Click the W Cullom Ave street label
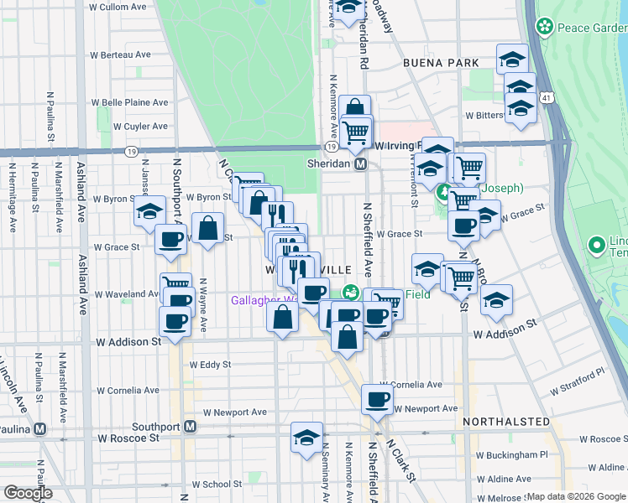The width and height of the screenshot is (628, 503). (x=118, y=7)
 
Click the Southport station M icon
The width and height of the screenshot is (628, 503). (x=191, y=427)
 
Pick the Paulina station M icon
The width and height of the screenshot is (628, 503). (x=39, y=428)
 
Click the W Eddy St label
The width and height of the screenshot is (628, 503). (x=210, y=365)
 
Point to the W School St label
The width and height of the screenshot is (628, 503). (x=216, y=484)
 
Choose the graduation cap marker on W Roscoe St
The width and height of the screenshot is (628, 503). (x=306, y=437)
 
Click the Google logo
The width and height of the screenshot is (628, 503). (x=28, y=493)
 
